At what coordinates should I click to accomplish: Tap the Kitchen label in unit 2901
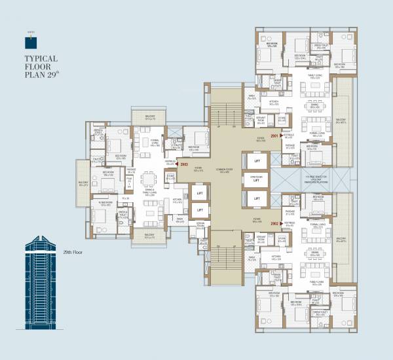coord(274,102)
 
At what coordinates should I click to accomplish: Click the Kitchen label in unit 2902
coord(276,257)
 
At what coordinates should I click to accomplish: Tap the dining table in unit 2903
coord(152,179)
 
